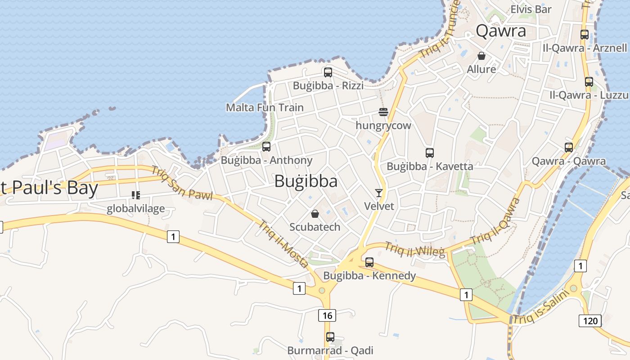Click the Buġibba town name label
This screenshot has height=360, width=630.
[x=306, y=181]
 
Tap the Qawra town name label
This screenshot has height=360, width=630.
[x=501, y=31]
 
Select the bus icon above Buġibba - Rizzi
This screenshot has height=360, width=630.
[x=328, y=72]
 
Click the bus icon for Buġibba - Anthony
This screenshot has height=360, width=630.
[x=266, y=147]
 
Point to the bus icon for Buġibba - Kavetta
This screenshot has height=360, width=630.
[x=430, y=153]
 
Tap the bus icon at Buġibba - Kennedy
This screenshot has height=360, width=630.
[x=369, y=262]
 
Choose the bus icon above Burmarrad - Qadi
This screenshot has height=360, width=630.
[x=330, y=337]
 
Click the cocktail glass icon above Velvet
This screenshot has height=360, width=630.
[x=379, y=193]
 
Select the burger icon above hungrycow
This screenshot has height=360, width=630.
[x=383, y=112]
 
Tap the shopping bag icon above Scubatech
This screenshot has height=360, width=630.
[x=315, y=214]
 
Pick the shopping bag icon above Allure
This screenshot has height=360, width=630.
[x=481, y=56]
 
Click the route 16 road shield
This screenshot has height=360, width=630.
[x=327, y=315]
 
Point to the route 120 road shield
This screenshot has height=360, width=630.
[x=590, y=320]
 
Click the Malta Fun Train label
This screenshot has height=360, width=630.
[x=265, y=108]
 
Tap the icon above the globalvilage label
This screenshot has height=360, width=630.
[x=136, y=195]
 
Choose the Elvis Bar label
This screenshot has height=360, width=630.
[x=531, y=9]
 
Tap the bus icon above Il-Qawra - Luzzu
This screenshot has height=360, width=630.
[x=589, y=82]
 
